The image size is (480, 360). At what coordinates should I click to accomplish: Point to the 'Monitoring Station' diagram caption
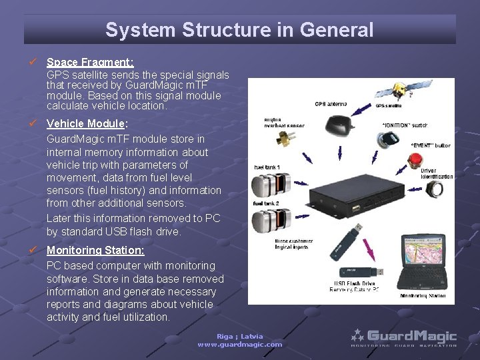click(423, 296)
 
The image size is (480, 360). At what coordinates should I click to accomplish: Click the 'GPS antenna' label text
click(331, 104)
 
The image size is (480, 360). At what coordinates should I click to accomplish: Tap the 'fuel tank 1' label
click(267, 167)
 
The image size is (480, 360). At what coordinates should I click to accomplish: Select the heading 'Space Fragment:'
click(90, 62)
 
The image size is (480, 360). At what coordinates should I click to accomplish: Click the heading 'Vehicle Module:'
click(87, 124)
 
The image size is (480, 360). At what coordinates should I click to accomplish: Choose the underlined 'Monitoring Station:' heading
click(95, 251)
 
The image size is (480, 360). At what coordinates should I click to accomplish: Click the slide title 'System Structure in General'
click(239, 30)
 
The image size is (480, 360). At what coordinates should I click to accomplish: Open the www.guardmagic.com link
click(240, 345)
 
